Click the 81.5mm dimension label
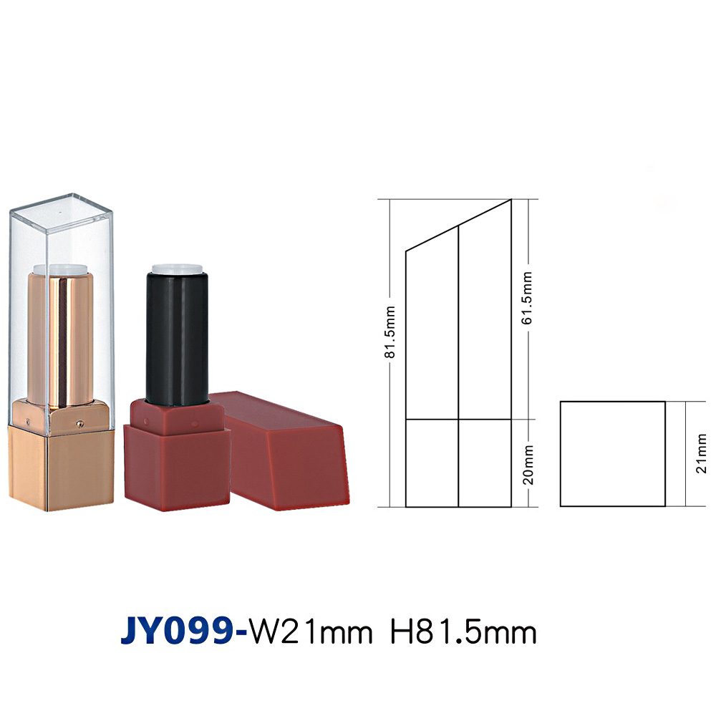tap(390, 332)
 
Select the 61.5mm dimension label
tap(527, 298)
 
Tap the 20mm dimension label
tap(528, 465)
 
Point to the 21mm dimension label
tap(702, 453)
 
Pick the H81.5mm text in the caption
tap(463, 632)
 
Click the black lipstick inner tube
tap(177, 339)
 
